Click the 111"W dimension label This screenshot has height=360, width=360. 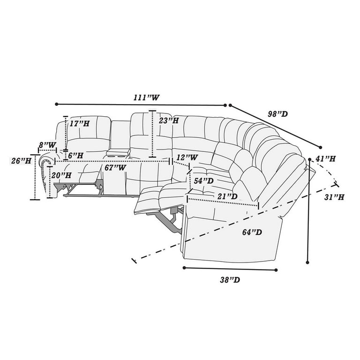(147, 97)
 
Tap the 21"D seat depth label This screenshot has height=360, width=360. (228, 196)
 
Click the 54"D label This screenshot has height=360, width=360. (204, 180)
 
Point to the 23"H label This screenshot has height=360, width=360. (169, 120)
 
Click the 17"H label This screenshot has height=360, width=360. (78, 124)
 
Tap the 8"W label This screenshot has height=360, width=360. (48, 145)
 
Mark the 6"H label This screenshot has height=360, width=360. (75, 155)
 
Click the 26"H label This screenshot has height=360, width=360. (22, 161)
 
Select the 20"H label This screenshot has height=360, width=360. (62, 175)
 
